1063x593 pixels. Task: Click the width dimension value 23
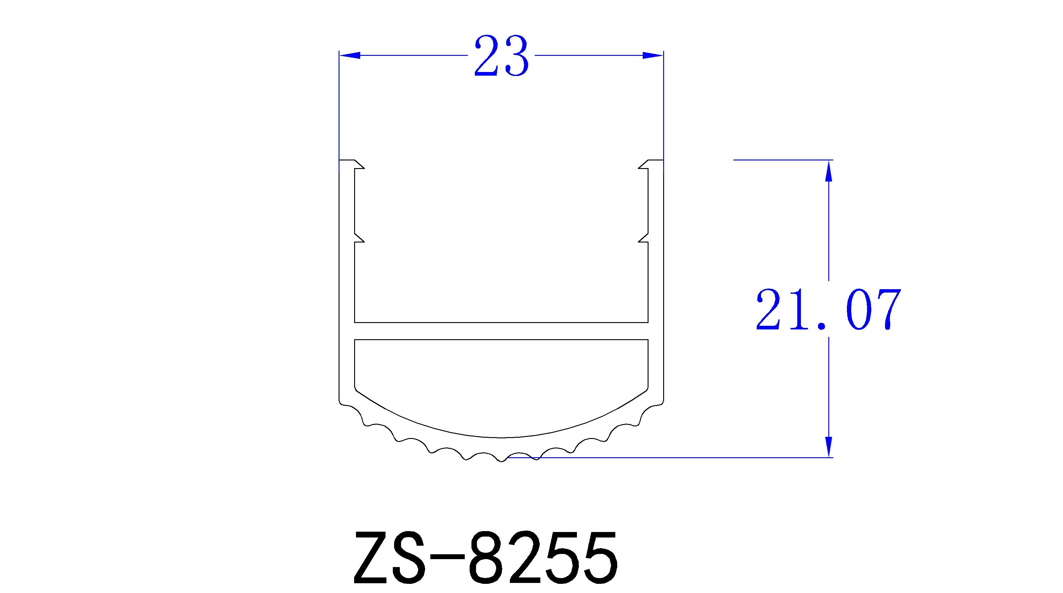click(x=501, y=56)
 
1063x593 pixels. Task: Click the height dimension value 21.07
click(x=828, y=310)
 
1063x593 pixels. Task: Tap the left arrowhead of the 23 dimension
click(x=350, y=55)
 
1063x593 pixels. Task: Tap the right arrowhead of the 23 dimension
click(x=653, y=55)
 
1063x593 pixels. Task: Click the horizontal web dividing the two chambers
click(x=501, y=331)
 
